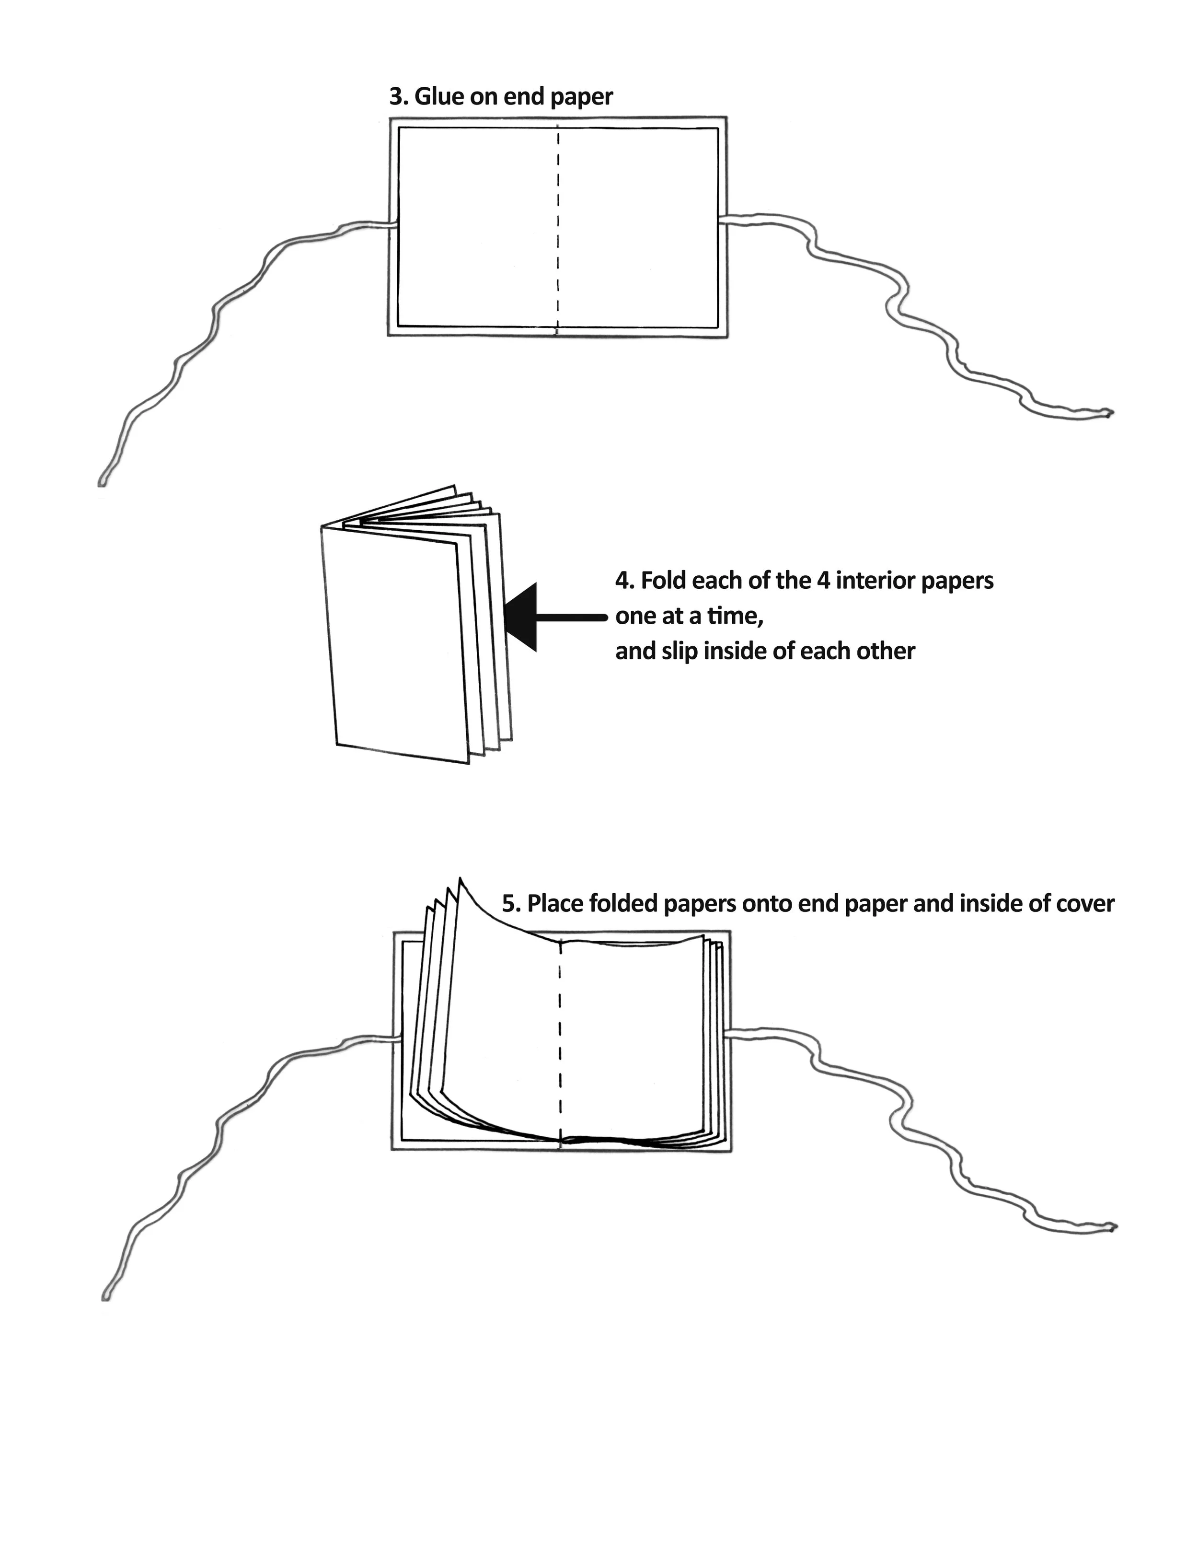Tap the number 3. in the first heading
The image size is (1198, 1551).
[399, 96]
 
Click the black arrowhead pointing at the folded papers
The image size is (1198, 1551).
[522, 617]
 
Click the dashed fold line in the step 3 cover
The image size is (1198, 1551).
[558, 227]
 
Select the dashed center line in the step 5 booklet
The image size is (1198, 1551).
[560, 1044]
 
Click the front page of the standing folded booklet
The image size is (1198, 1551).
[397, 646]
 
